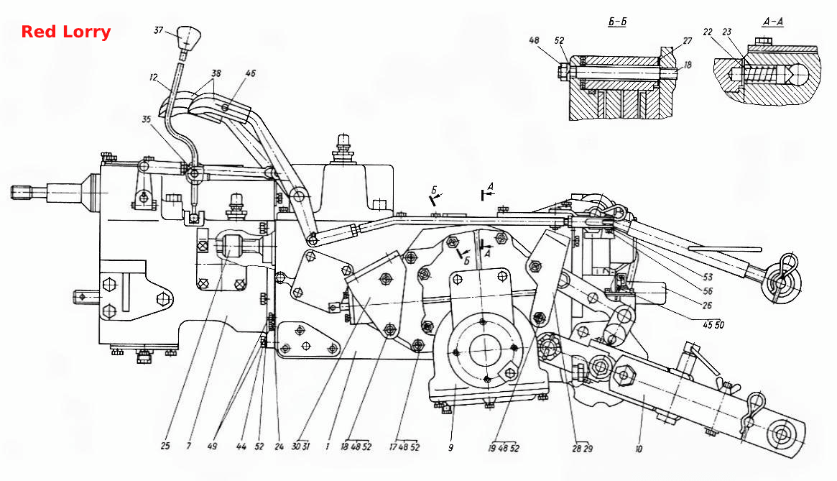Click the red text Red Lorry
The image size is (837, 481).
pyautogui.click(x=66, y=32)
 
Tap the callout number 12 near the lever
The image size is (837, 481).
pyautogui.click(x=154, y=78)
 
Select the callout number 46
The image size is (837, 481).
pyautogui.click(x=250, y=73)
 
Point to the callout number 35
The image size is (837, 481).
pyautogui.click(x=147, y=119)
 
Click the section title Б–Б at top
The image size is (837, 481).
pyautogui.click(x=617, y=22)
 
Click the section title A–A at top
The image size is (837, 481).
pyautogui.click(x=772, y=22)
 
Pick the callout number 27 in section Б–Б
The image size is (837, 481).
pyautogui.click(x=687, y=40)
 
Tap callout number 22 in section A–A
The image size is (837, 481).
pyautogui.click(x=707, y=32)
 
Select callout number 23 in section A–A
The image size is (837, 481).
pyautogui.click(x=726, y=32)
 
